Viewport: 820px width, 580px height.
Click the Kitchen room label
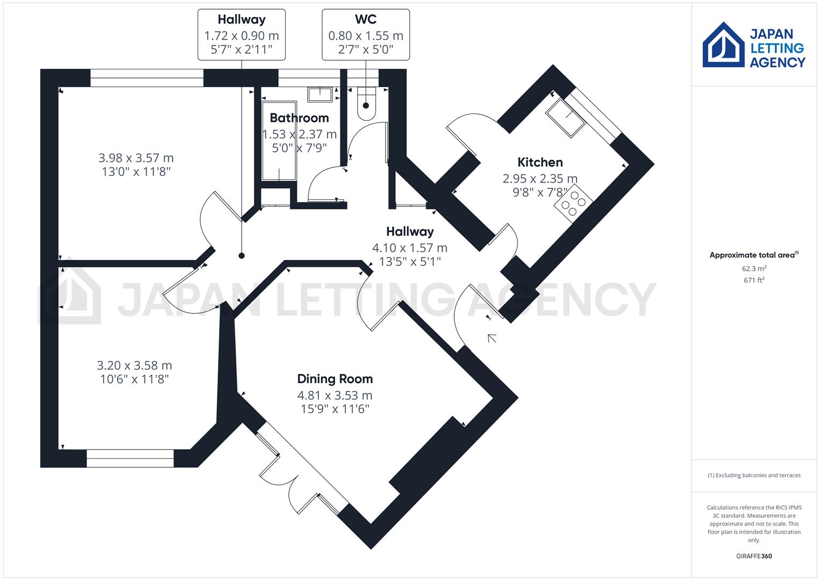(540, 162)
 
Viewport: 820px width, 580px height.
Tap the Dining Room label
(335, 379)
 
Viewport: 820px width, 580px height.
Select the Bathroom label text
(299, 118)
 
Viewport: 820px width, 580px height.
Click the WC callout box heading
(366, 20)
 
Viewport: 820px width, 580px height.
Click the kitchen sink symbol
(565, 118)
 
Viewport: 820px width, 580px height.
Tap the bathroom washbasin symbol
(321, 95)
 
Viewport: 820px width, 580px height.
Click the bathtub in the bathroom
(279, 141)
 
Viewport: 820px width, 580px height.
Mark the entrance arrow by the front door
(491, 338)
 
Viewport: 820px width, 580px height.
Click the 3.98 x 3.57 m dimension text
(136, 158)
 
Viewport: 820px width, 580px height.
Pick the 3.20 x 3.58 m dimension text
(134, 366)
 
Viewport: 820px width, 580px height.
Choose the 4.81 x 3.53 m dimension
(335, 396)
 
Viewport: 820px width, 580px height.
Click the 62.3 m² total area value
(754, 269)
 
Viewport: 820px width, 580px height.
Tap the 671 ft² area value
(754, 280)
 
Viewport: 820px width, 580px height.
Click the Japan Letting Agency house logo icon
(723, 45)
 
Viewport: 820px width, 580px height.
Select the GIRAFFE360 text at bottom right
(753, 556)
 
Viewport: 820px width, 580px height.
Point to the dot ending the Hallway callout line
(242, 256)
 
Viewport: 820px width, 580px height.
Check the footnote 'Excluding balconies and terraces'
(754, 475)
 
